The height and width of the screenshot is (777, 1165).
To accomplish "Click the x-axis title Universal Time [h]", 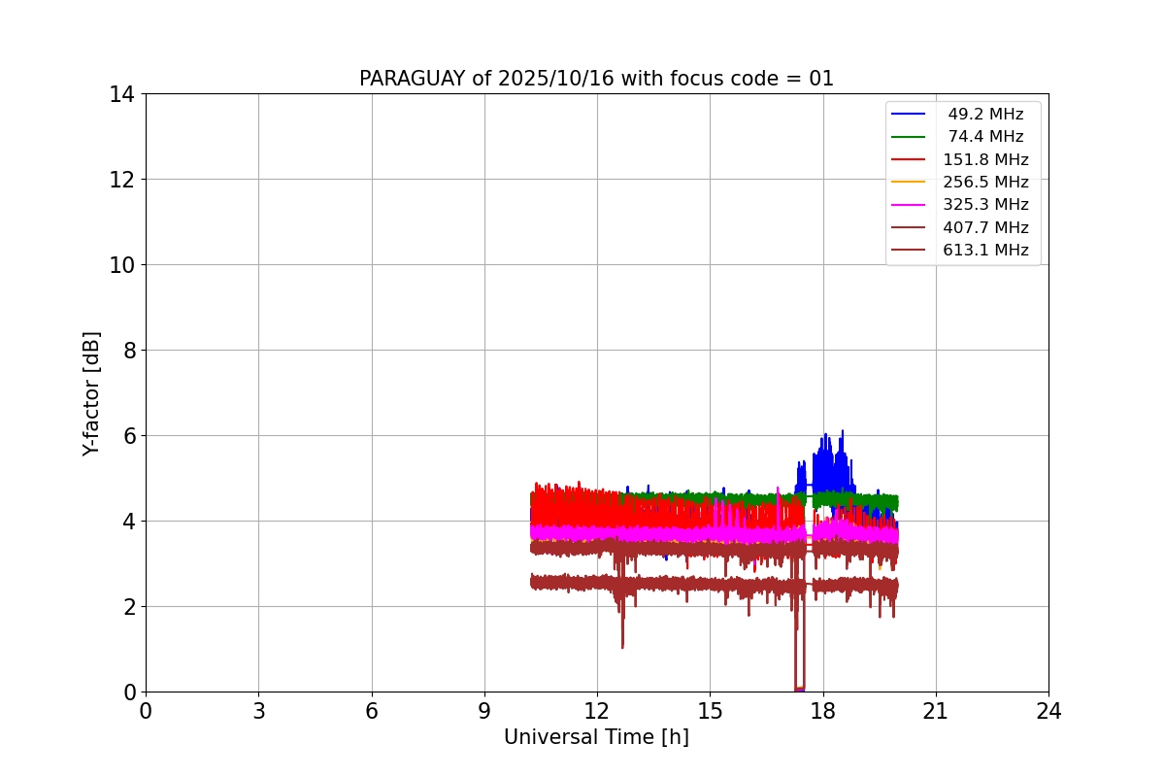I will coord(596,737).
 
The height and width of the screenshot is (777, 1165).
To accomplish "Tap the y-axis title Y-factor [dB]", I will coord(91,393).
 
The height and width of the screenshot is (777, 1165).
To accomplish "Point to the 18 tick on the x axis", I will coord(823,711).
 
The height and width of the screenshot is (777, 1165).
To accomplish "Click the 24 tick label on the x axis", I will coord(1048,711).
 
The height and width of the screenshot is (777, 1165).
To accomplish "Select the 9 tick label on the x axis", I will coord(484,711).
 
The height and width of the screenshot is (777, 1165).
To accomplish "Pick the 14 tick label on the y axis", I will coord(121,94).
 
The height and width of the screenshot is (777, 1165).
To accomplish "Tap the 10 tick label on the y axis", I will coord(121,265).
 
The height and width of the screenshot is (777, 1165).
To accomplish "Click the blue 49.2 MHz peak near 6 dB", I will coord(842,432).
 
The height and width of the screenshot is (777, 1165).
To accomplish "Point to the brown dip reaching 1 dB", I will coord(622,646).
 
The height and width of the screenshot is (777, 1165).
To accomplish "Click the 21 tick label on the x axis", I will coord(936,711).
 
